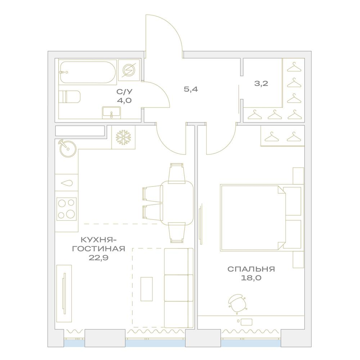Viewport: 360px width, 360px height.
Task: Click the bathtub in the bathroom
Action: (88, 72)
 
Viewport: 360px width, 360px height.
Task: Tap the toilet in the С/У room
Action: (69, 96)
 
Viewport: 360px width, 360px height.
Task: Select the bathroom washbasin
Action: (111, 113)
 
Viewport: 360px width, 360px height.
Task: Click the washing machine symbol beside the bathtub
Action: (129, 70)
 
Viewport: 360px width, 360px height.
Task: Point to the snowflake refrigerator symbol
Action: (123, 137)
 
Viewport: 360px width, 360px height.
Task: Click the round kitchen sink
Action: (68, 148)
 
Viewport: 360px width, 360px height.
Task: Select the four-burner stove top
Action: (66, 209)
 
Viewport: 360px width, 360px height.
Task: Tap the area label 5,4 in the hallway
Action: (191, 89)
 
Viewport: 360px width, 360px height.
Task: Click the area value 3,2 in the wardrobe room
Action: (261, 84)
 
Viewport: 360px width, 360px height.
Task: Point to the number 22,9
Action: (99, 258)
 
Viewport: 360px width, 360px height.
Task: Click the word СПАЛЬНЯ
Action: (251, 269)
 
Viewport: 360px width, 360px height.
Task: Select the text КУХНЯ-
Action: (99, 240)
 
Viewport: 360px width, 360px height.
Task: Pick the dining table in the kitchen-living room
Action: (177, 203)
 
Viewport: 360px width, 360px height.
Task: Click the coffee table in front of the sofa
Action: (147, 289)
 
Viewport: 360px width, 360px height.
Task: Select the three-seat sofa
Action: (179, 288)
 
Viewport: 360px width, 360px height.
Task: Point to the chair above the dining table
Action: (176, 173)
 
